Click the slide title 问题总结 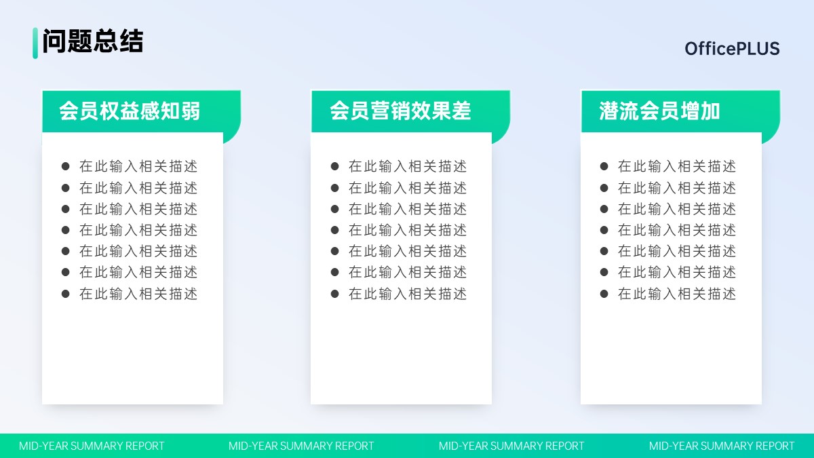click(93, 41)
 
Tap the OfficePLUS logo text click(732, 48)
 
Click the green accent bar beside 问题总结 click(35, 43)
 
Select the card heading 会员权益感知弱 click(130, 111)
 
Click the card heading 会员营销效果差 click(400, 111)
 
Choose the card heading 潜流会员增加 click(659, 111)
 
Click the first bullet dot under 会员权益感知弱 click(65, 166)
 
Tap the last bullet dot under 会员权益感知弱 click(65, 294)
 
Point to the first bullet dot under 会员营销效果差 click(334, 166)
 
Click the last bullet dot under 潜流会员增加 click(604, 294)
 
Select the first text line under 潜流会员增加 click(677, 166)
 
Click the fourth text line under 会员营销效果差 click(408, 230)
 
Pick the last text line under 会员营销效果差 click(408, 294)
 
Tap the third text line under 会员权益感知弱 click(138, 209)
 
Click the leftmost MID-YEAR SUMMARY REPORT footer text click(92, 446)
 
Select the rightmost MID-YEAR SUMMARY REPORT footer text click(722, 446)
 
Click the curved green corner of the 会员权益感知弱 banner click(232, 134)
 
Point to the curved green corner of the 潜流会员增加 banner click(771, 134)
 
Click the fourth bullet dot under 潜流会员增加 click(604, 230)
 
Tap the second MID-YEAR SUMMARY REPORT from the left click(301, 446)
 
